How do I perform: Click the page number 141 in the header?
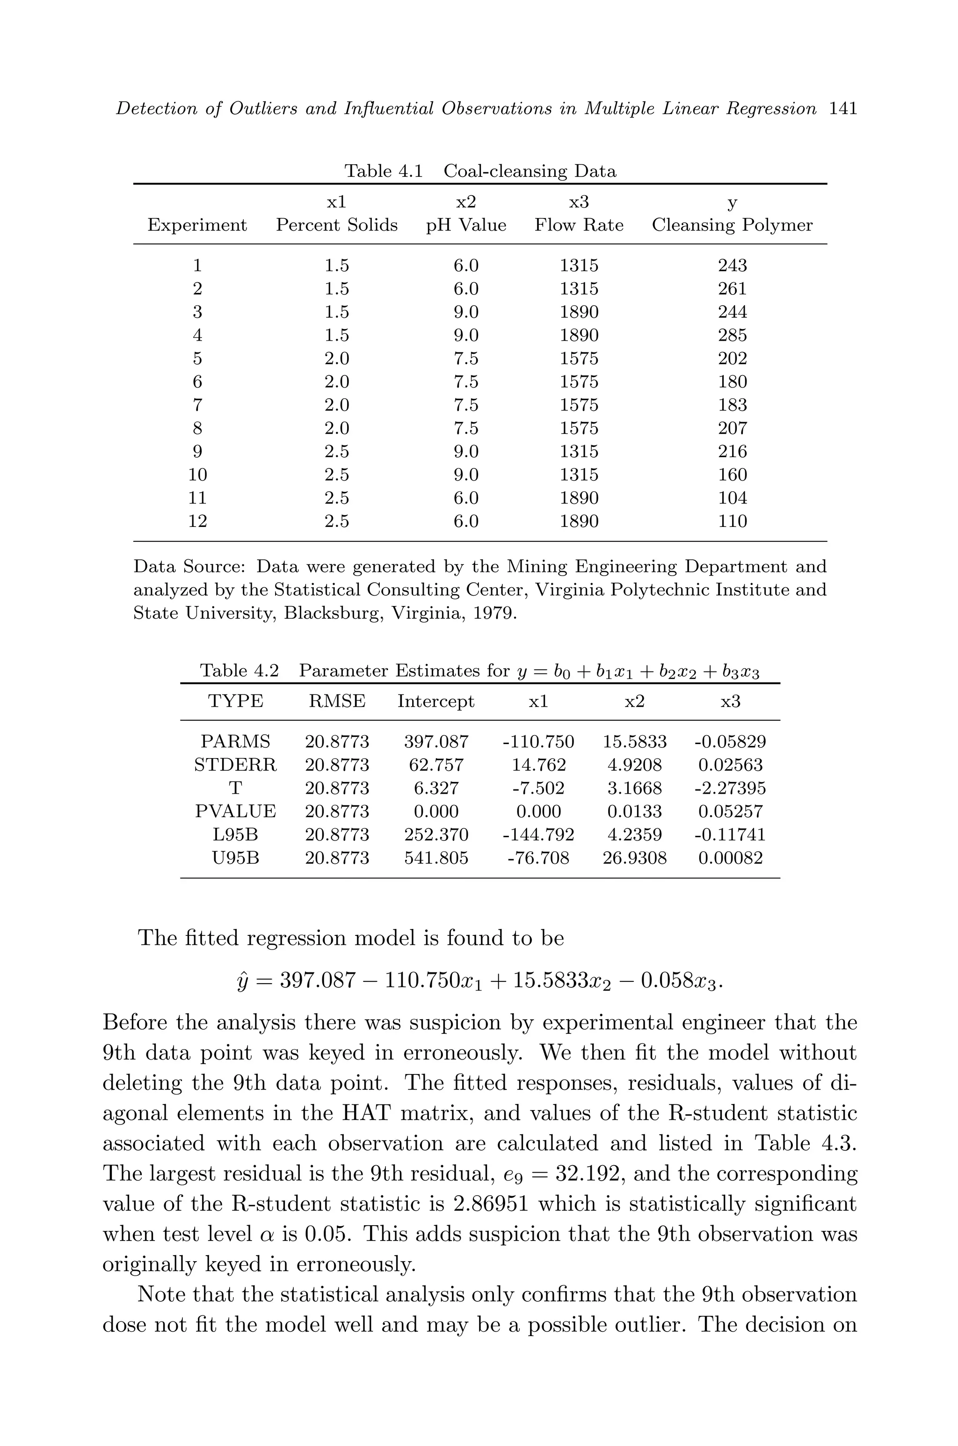(843, 109)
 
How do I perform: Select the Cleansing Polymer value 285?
(732, 335)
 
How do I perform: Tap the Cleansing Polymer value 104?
(732, 497)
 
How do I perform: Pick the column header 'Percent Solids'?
(337, 225)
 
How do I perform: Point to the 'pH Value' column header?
(466, 225)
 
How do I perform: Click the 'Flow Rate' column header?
(579, 225)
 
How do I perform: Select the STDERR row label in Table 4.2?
(235, 765)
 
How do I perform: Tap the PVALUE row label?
(235, 811)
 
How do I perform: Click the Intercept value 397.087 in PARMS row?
(436, 741)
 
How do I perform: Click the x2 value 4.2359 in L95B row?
(634, 834)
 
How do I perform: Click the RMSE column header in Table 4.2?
(337, 701)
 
